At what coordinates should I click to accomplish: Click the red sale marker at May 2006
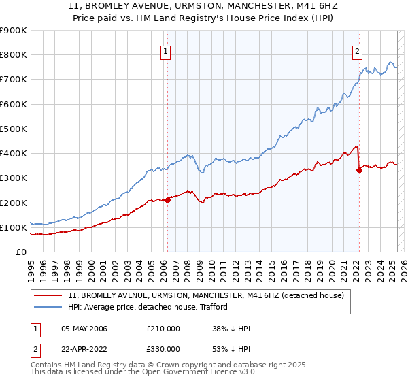167,200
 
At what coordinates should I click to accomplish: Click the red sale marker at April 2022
359,171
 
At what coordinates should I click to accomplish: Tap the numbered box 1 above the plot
167,50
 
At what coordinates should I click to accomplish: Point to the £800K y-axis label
14,55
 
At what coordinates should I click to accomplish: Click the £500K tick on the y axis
14,129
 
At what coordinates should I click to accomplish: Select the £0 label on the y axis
21,252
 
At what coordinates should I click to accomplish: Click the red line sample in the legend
48,295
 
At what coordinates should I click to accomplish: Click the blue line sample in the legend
48,307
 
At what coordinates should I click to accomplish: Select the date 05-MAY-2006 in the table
84,329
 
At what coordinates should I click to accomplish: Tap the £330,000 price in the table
163,349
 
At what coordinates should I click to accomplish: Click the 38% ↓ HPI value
231,329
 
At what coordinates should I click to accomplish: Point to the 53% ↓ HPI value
231,349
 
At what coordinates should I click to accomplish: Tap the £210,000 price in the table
163,329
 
